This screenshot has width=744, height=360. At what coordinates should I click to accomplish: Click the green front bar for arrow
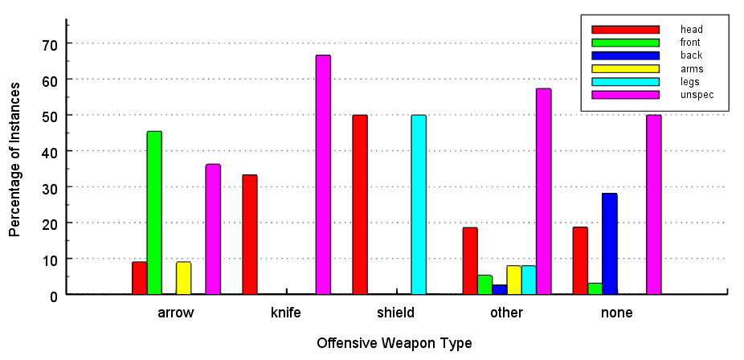pyautogui.click(x=154, y=213)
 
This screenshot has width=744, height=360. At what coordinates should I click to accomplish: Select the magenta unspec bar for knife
pyautogui.click(x=323, y=174)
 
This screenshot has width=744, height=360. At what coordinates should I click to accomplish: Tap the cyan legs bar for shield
pyautogui.click(x=419, y=205)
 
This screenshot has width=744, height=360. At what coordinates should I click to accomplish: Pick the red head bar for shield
pyautogui.click(x=360, y=205)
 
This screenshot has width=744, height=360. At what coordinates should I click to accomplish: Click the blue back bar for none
pyautogui.click(x=610, y=243)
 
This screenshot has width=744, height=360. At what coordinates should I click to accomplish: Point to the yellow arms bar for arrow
pyautogui.click(x=183, y=278)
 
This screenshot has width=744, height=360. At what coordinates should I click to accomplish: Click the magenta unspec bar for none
pyautogui.click(x=654, y=205)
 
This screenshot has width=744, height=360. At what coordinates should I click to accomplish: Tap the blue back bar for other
pyautogui.click(x=500, y=289)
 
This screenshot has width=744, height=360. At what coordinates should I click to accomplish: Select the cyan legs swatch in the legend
pyautogui.click(x=625, y=82)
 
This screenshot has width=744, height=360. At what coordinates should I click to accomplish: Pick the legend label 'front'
pyautogui.click(x=690, y=43)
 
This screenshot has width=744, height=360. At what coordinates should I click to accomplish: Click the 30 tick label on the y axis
pyautogui.click(x=50, y=187)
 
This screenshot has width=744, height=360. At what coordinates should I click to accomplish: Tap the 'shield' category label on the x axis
pyautogui.click(x=395, y=313)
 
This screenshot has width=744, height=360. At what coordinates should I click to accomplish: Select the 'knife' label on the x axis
pyautogui.click(x=286, y=313)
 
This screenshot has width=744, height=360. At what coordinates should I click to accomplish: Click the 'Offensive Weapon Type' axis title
pyautogui.click(x=394, y=343)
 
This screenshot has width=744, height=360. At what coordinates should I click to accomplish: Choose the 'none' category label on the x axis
pyautogui.click(x=616, y=313)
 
